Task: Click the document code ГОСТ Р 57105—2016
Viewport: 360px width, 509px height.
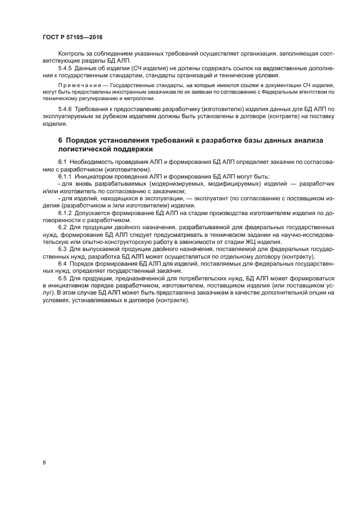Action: point(72,37)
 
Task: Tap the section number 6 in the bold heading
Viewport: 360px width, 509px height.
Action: point(60,140)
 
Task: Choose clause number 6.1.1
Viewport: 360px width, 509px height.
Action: point(66,177)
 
